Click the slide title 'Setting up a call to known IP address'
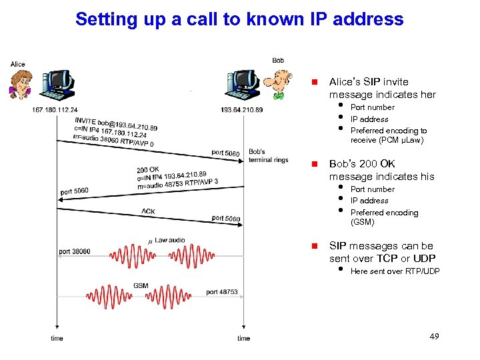239,19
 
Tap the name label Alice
18,64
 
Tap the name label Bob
278,61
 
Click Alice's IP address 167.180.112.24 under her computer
55,110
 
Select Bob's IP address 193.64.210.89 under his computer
241,110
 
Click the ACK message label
149,212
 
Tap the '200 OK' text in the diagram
147,169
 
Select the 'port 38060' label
74,251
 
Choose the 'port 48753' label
221,292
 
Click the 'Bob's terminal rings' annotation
268,156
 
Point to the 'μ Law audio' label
166,240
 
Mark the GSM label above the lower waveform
141,285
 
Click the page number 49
434,337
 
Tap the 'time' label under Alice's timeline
57,339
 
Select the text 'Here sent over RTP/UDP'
395,271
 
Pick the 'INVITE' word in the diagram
85,121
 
